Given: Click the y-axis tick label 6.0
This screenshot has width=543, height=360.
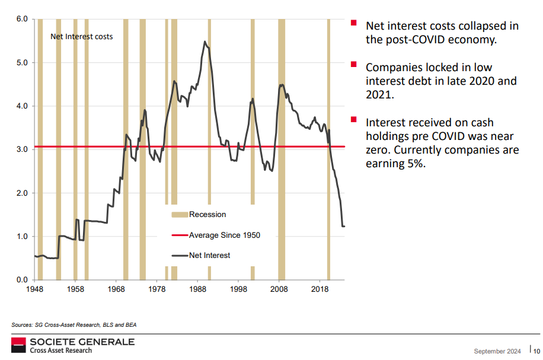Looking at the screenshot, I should [x=22, y=19].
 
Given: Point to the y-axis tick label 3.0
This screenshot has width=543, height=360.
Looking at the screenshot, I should [x=22, y=149].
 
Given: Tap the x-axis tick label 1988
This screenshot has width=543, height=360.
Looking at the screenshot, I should [x=197, y=289].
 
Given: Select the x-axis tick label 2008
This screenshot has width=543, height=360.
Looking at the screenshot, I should [x=279, y=289].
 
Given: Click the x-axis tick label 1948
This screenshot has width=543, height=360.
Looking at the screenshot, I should [x=34, y=289].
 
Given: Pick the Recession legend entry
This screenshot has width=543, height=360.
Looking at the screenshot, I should [x=207, y=214].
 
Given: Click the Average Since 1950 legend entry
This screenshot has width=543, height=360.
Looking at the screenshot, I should [x=224, y=235].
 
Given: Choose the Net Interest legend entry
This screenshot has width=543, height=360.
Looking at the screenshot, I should [x=209, y=255].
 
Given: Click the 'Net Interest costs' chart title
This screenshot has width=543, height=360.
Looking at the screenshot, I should [x=81, y=36].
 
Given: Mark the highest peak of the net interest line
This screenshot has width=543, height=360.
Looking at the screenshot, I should [x=205, y=42].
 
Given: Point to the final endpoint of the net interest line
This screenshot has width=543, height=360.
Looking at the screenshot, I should [x=344, y=226].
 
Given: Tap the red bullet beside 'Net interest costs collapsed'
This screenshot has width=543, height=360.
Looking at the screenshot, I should [x=353, y=23].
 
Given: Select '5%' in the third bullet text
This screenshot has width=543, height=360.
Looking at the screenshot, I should [x=414, y=164].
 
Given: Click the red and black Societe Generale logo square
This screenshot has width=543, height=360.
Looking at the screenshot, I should [x=18, y=345].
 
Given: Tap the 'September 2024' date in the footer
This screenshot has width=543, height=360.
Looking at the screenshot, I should [x=497, y=351].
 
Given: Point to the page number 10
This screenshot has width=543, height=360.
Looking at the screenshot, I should [x=536, y=351].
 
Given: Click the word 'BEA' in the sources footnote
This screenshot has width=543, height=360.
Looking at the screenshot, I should [x=130, y=324].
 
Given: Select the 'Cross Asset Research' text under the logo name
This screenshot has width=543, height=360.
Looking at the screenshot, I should [x=61, y=351].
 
